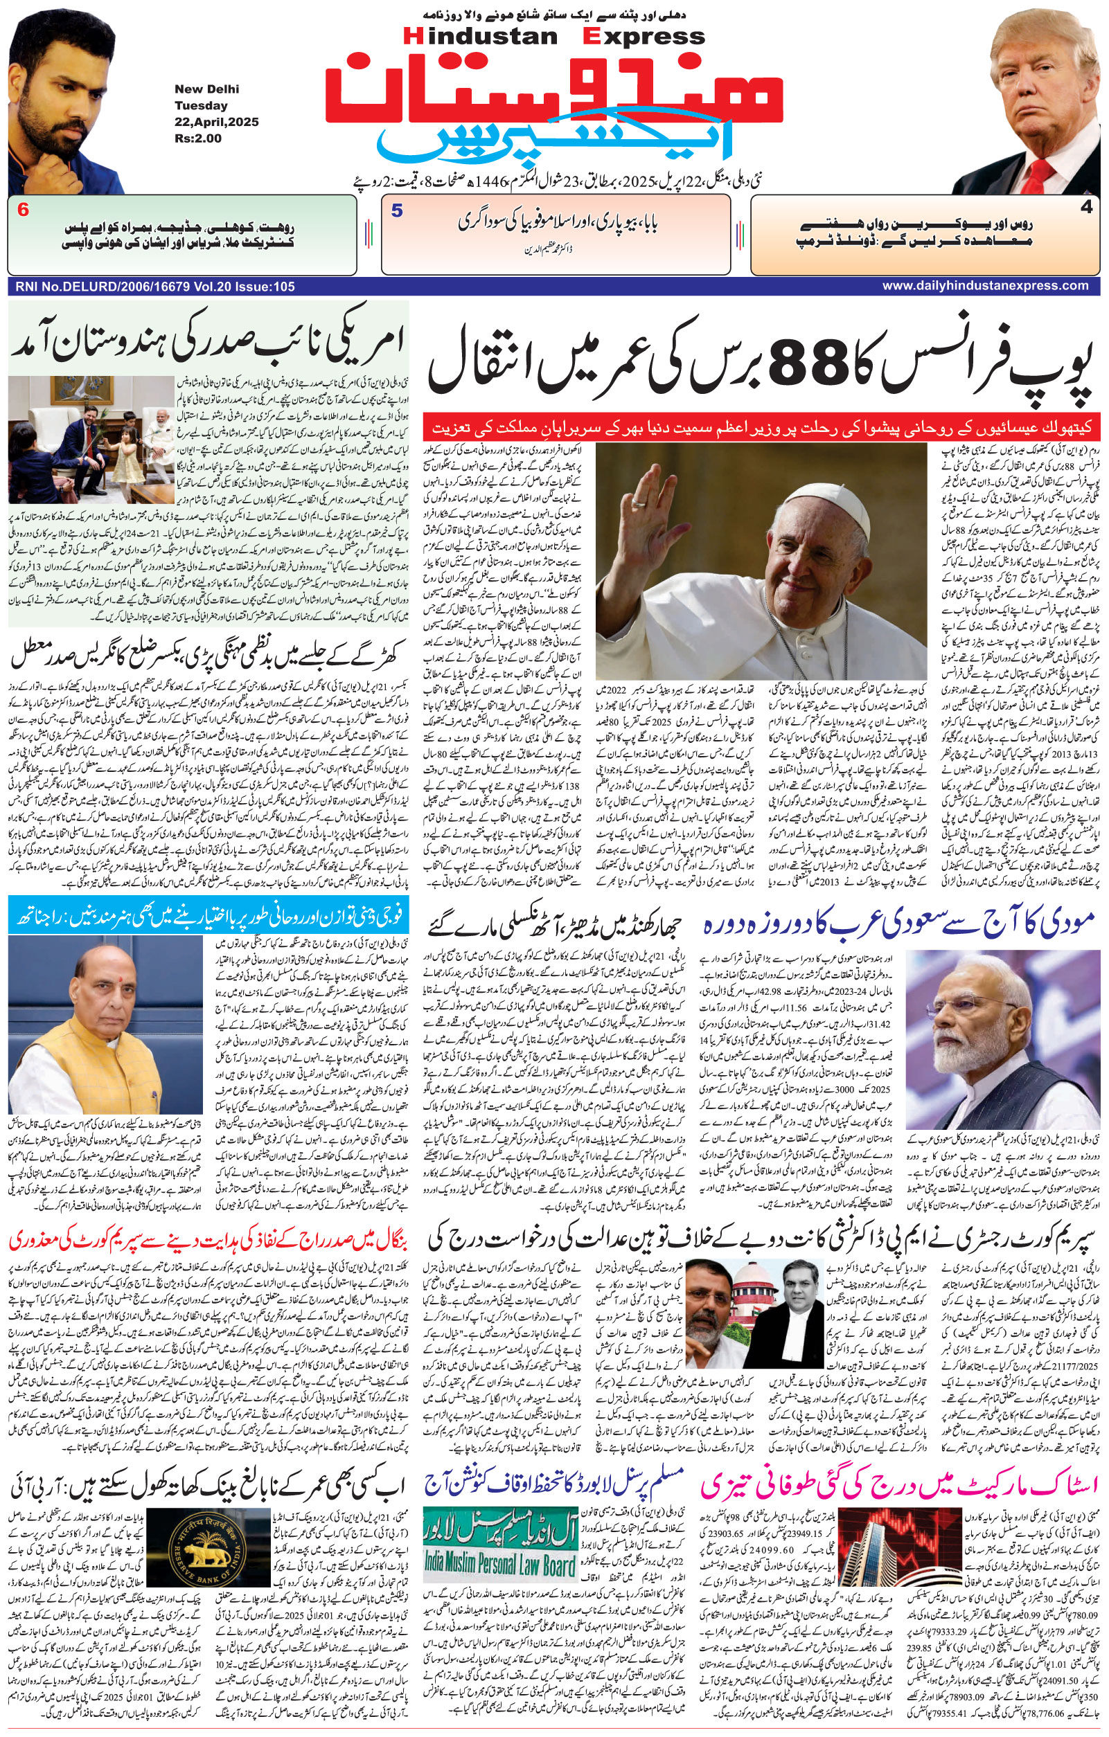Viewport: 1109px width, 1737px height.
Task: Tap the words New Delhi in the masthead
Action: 206,89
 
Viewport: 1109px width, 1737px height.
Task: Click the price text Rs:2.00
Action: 197,138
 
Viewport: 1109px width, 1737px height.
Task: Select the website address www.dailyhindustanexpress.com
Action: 985,286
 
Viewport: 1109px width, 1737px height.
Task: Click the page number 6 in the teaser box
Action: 24,210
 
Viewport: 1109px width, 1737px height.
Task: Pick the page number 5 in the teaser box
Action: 397,211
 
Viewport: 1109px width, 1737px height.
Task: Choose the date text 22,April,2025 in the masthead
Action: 216,122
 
